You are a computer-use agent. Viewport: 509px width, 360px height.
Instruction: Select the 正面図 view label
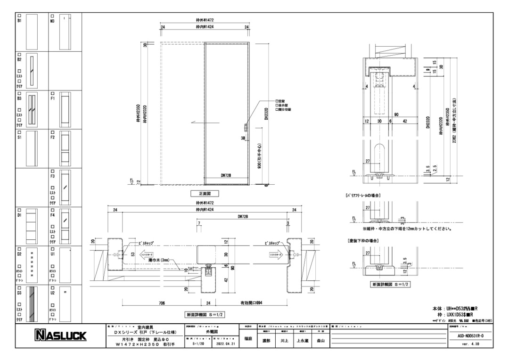204,194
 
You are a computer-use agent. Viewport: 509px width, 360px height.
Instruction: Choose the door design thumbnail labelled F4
65,224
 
